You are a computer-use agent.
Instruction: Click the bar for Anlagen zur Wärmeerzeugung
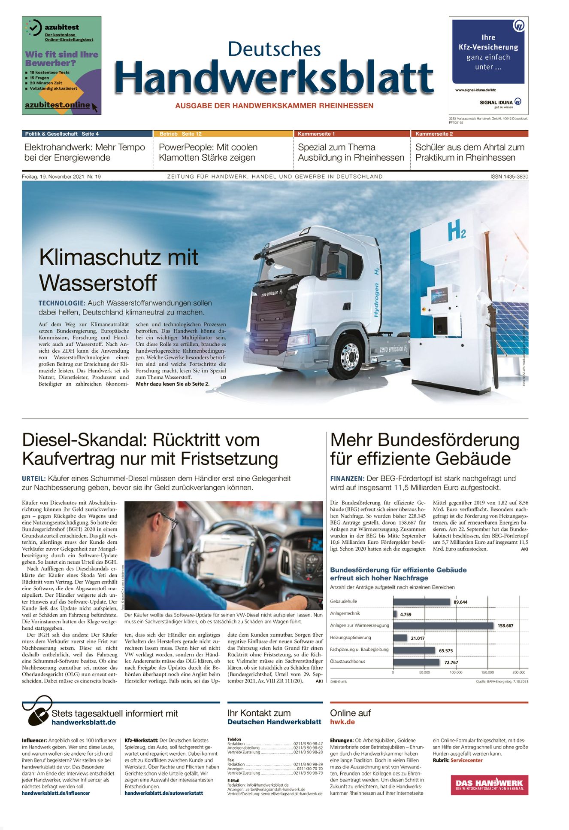pos(443,626)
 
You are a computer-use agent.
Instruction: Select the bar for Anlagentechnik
pos(395,614)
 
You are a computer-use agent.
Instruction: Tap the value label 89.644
pos(460,602)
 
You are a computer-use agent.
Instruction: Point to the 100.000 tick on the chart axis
pos(456,672)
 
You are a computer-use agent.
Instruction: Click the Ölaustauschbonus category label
pos(348,662)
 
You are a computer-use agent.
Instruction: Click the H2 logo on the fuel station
pos(456,231)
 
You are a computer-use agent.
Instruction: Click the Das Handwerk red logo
pos(489,784)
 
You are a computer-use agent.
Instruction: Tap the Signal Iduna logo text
pos(496,102)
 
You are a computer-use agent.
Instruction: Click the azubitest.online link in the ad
pos(58,105)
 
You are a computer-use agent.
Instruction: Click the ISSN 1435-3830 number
pos(509,177)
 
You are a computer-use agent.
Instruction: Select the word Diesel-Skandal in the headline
pos(83,440)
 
